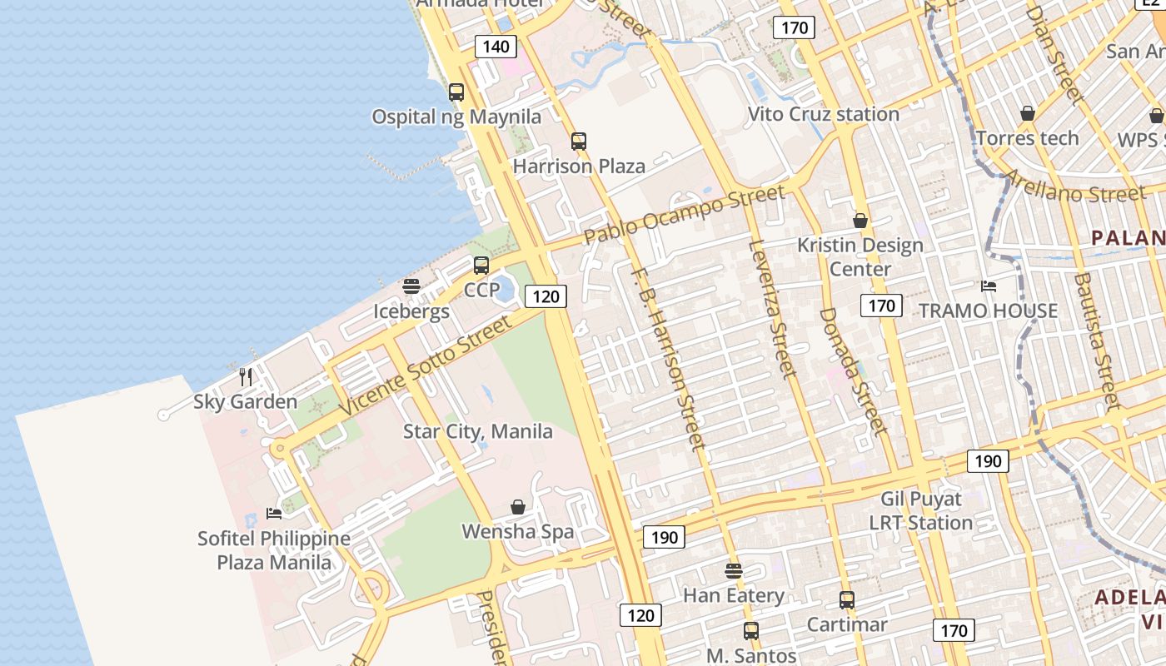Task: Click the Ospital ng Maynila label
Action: click(456, 117)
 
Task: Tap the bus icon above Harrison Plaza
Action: click(579, 142)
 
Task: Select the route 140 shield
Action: click(496, 47)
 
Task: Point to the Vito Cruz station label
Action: click(823, 114)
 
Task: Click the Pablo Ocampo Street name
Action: click(684, 215)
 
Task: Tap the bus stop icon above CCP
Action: click(481, 266)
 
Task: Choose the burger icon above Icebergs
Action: click(411, 286)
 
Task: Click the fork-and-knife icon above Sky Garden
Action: click(246, 377)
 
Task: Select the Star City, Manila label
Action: click(478, 431)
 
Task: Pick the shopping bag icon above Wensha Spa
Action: click(518, 507)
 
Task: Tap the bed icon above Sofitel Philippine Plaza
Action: click(274, 513)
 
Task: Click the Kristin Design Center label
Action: click(860, 256)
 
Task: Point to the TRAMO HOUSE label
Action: click(988, 311)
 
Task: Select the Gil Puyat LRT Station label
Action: click(921, 511)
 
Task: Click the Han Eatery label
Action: click(734, 595)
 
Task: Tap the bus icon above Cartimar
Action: click(847, 599)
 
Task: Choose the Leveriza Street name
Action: click(771, 307)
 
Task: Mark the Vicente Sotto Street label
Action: click(425, 366)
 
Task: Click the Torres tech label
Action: click(1027, 138)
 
